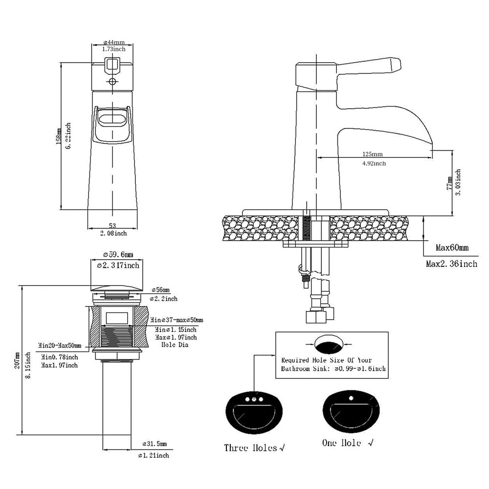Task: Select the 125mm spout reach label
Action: [x=373, y=154]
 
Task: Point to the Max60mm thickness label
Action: [x=452, y=248]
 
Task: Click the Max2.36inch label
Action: [x=451, y=264]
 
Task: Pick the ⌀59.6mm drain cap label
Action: [x=117, y=254]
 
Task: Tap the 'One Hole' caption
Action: [x=342, y=443]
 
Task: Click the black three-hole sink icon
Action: [x=254, y=412]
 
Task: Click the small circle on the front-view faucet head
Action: [x=112, y=81]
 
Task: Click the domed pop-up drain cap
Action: [x=117, y=288]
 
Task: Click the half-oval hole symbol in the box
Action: [x=329, y=344]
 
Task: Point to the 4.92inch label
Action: [x=374, y=163]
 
